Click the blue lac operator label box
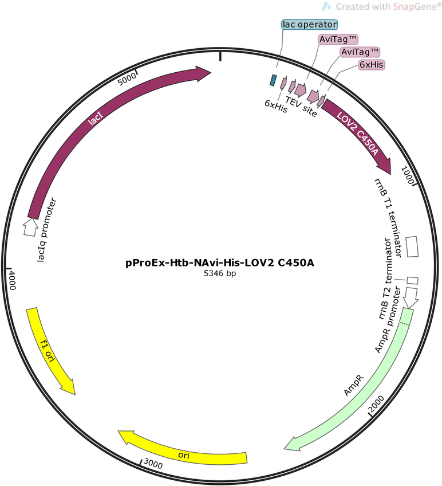coord(309,25)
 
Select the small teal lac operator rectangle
coord(273,80)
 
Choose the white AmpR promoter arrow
coord(411,298)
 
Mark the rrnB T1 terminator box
coord(412,246)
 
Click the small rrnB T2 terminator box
coord(412,280)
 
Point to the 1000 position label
coord(407,175)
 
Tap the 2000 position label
coord(377,404)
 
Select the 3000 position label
coord(153,464)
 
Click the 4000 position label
coord(12,280)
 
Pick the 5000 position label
coord(127,79)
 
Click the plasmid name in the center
coord(220,263)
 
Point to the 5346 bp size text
coord(220,273)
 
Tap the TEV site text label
coord(301,107)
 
